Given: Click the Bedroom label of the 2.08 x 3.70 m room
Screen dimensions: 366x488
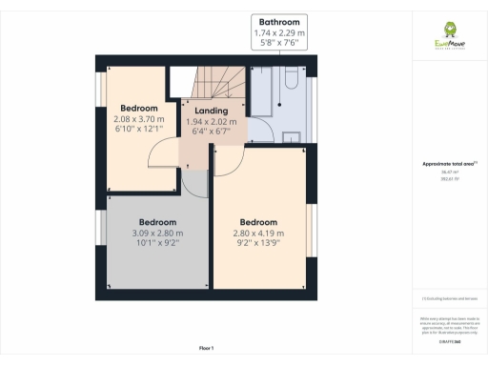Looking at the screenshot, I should pos(139,108).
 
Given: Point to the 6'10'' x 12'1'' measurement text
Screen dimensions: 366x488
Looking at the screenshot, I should pos(139,129).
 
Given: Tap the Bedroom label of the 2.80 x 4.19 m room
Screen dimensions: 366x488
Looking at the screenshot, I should pos(258,222).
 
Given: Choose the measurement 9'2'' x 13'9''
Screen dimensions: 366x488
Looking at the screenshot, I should pos(258,243).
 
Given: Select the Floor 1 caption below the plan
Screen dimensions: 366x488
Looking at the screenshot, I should pos(206,348).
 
